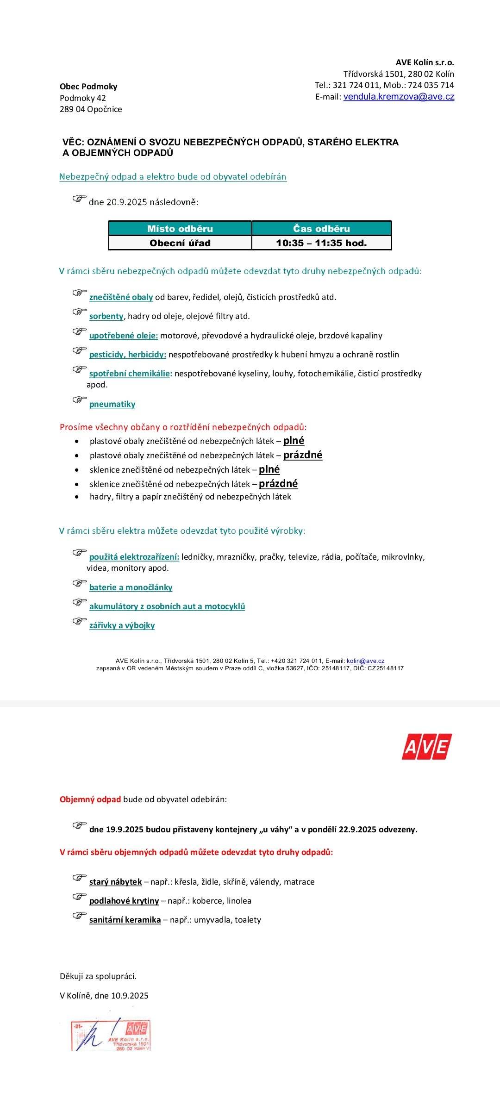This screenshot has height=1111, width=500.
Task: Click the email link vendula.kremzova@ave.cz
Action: pos(399,97)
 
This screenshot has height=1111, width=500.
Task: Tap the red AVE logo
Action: pos(426,746)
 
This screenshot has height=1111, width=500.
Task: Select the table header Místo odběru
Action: pos(180,229)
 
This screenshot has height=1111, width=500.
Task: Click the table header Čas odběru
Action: pos(321,229)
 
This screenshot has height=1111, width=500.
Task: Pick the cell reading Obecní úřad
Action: pos(180,243)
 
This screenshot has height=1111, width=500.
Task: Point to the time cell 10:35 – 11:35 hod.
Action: pos(321,243)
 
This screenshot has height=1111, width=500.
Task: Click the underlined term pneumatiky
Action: pos(112,404)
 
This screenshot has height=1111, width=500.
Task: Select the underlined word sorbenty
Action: pos(106,316)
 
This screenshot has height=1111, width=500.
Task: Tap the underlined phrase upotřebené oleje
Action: pos(123,336)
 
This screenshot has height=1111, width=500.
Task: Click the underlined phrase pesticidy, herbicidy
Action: pos(127,355)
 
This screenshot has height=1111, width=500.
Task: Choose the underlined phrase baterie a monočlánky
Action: pos(131,587)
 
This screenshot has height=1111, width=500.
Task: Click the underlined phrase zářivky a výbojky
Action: pos(122,625)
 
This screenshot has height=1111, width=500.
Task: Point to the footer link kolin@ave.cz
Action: pos(365,661)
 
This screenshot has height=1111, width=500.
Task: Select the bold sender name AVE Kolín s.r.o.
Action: pos(425,62)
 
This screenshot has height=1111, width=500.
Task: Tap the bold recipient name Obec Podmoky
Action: pos(88,87)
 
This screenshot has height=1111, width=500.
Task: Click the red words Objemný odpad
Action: pos(90,799)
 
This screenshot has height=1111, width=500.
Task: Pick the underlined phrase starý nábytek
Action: pos(115,882)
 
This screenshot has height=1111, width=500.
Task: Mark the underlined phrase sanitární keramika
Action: pos(125,920)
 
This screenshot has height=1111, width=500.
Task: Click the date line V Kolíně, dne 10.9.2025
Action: pos(104,996)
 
